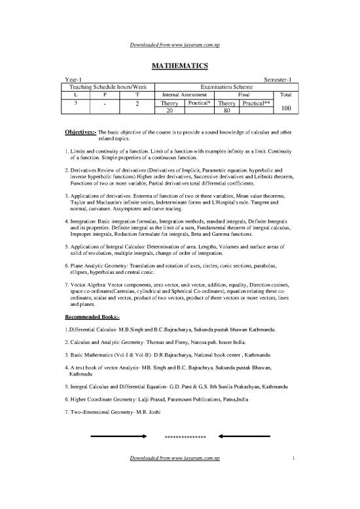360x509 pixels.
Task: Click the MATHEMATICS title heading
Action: [180, 65]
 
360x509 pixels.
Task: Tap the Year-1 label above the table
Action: [68, 79]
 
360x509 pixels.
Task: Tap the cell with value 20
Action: [170, 111]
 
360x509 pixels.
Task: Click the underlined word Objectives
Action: [79, 132]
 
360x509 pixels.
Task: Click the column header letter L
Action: [77, 94]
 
